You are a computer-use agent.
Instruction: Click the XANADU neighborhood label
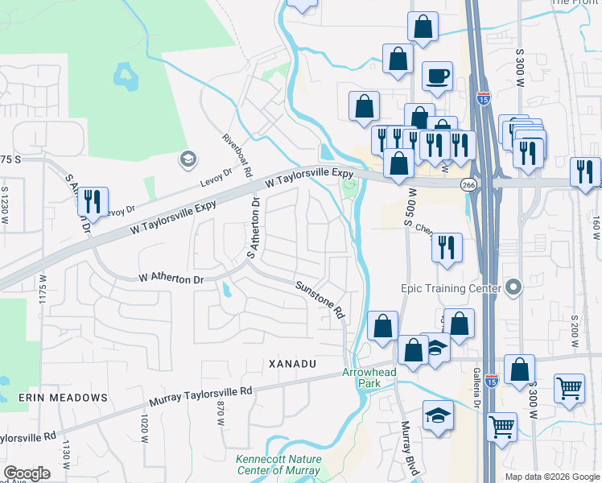pyautogui.click(x=291, y=364)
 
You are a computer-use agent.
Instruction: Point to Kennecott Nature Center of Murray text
pyautogui.click(x=278, y=464)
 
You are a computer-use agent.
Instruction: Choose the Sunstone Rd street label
pyautogui.click(x=320, y=299)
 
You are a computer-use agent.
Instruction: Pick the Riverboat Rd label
pyautogui.click(x=238, y=156)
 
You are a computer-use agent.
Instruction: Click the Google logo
pyautogui.click(x=27, y=473)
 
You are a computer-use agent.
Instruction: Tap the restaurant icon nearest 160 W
pyautogui.click(x=584, y=171)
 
